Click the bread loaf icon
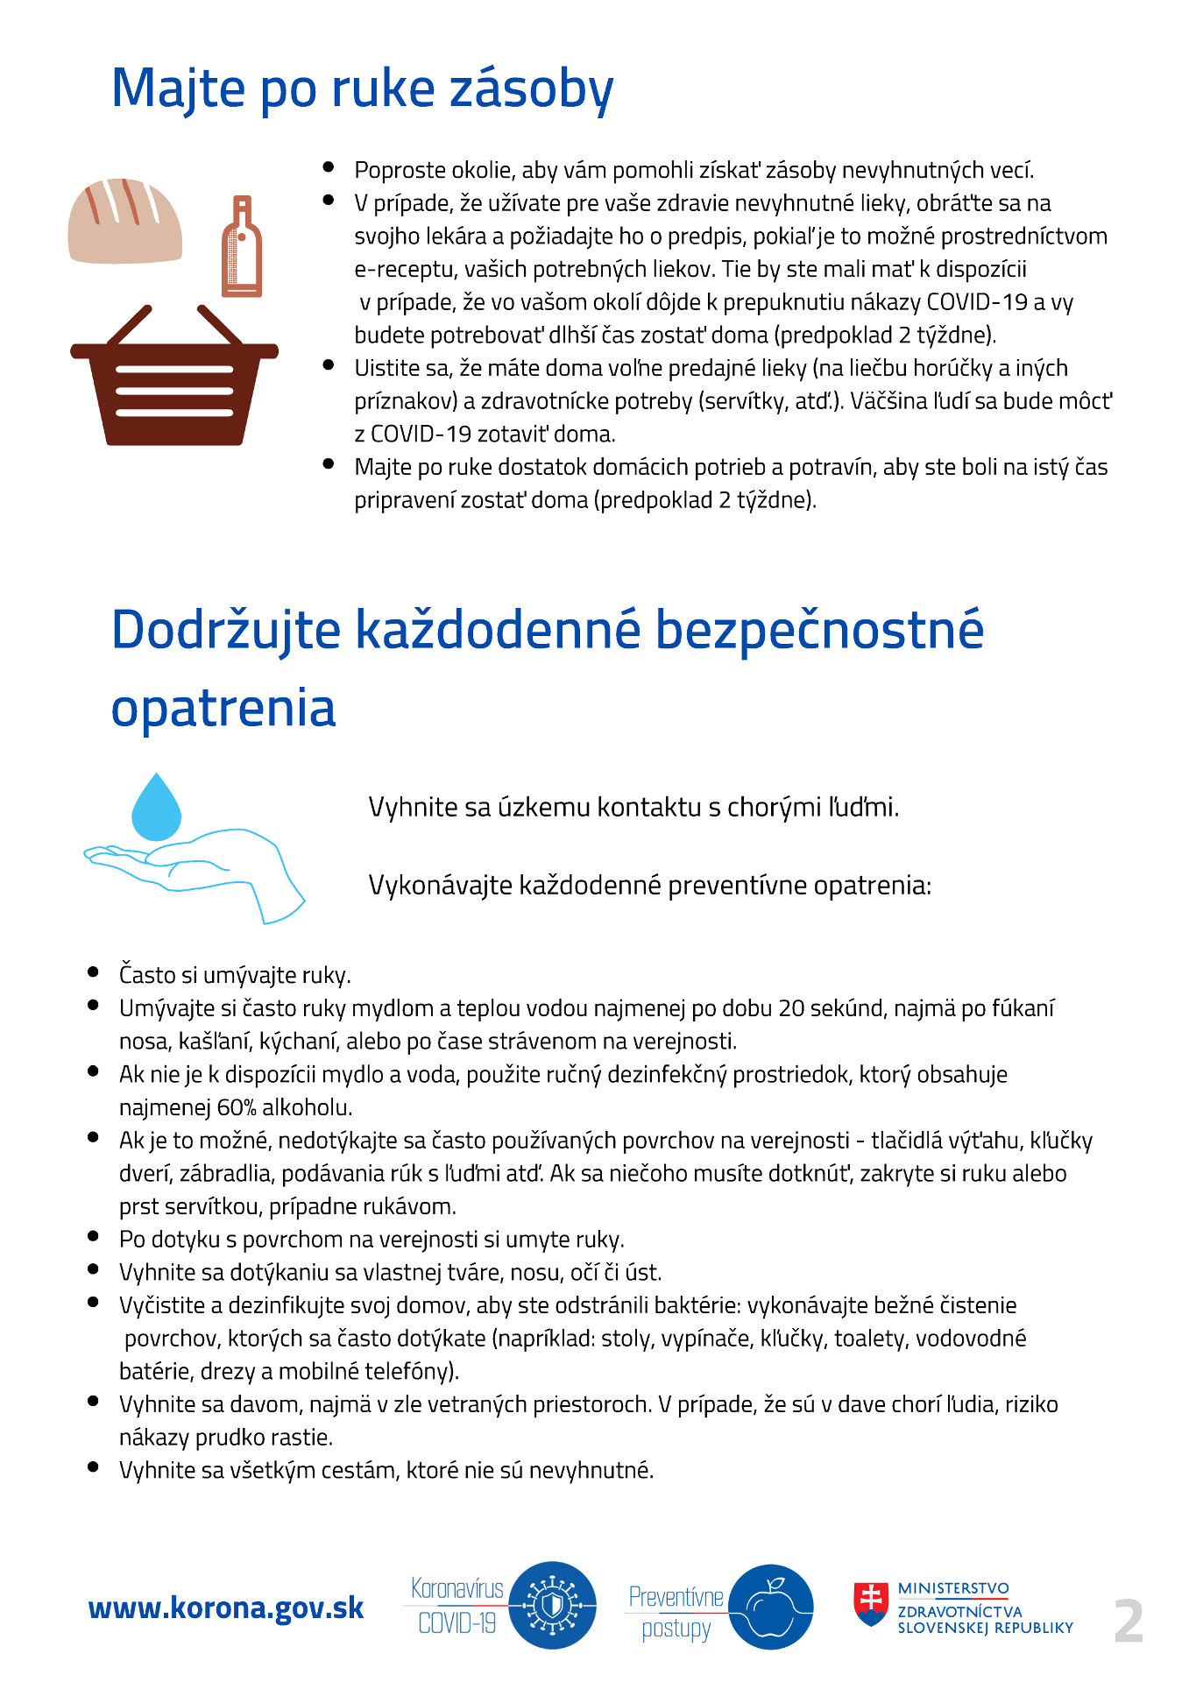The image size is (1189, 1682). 125,222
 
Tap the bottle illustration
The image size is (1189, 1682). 242,248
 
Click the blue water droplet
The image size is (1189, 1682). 156,809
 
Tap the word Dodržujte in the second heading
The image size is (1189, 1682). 225,630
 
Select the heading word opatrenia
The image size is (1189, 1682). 223,708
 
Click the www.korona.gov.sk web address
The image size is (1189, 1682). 226,1608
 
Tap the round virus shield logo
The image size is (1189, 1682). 552,1606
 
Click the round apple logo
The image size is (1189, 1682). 770,1608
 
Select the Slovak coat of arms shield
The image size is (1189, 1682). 871,1603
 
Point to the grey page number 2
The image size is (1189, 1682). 1129,1621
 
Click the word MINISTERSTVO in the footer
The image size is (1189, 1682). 953,1588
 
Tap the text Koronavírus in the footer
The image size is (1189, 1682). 457,1588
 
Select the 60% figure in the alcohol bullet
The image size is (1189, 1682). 237,1107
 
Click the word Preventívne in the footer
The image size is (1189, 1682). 676,1596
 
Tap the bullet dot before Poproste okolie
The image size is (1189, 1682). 329,166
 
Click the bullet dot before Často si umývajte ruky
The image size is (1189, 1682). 93,972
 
